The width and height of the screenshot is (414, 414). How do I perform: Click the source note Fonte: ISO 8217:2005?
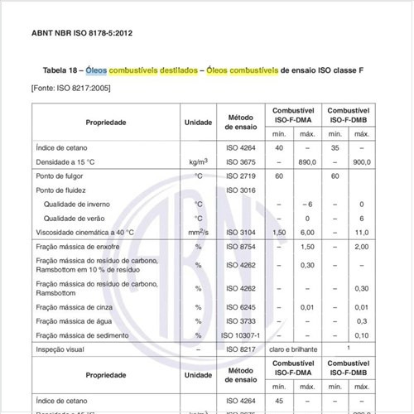70,87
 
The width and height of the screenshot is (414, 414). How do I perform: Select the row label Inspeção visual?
63,350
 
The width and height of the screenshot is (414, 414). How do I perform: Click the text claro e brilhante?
295,350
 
